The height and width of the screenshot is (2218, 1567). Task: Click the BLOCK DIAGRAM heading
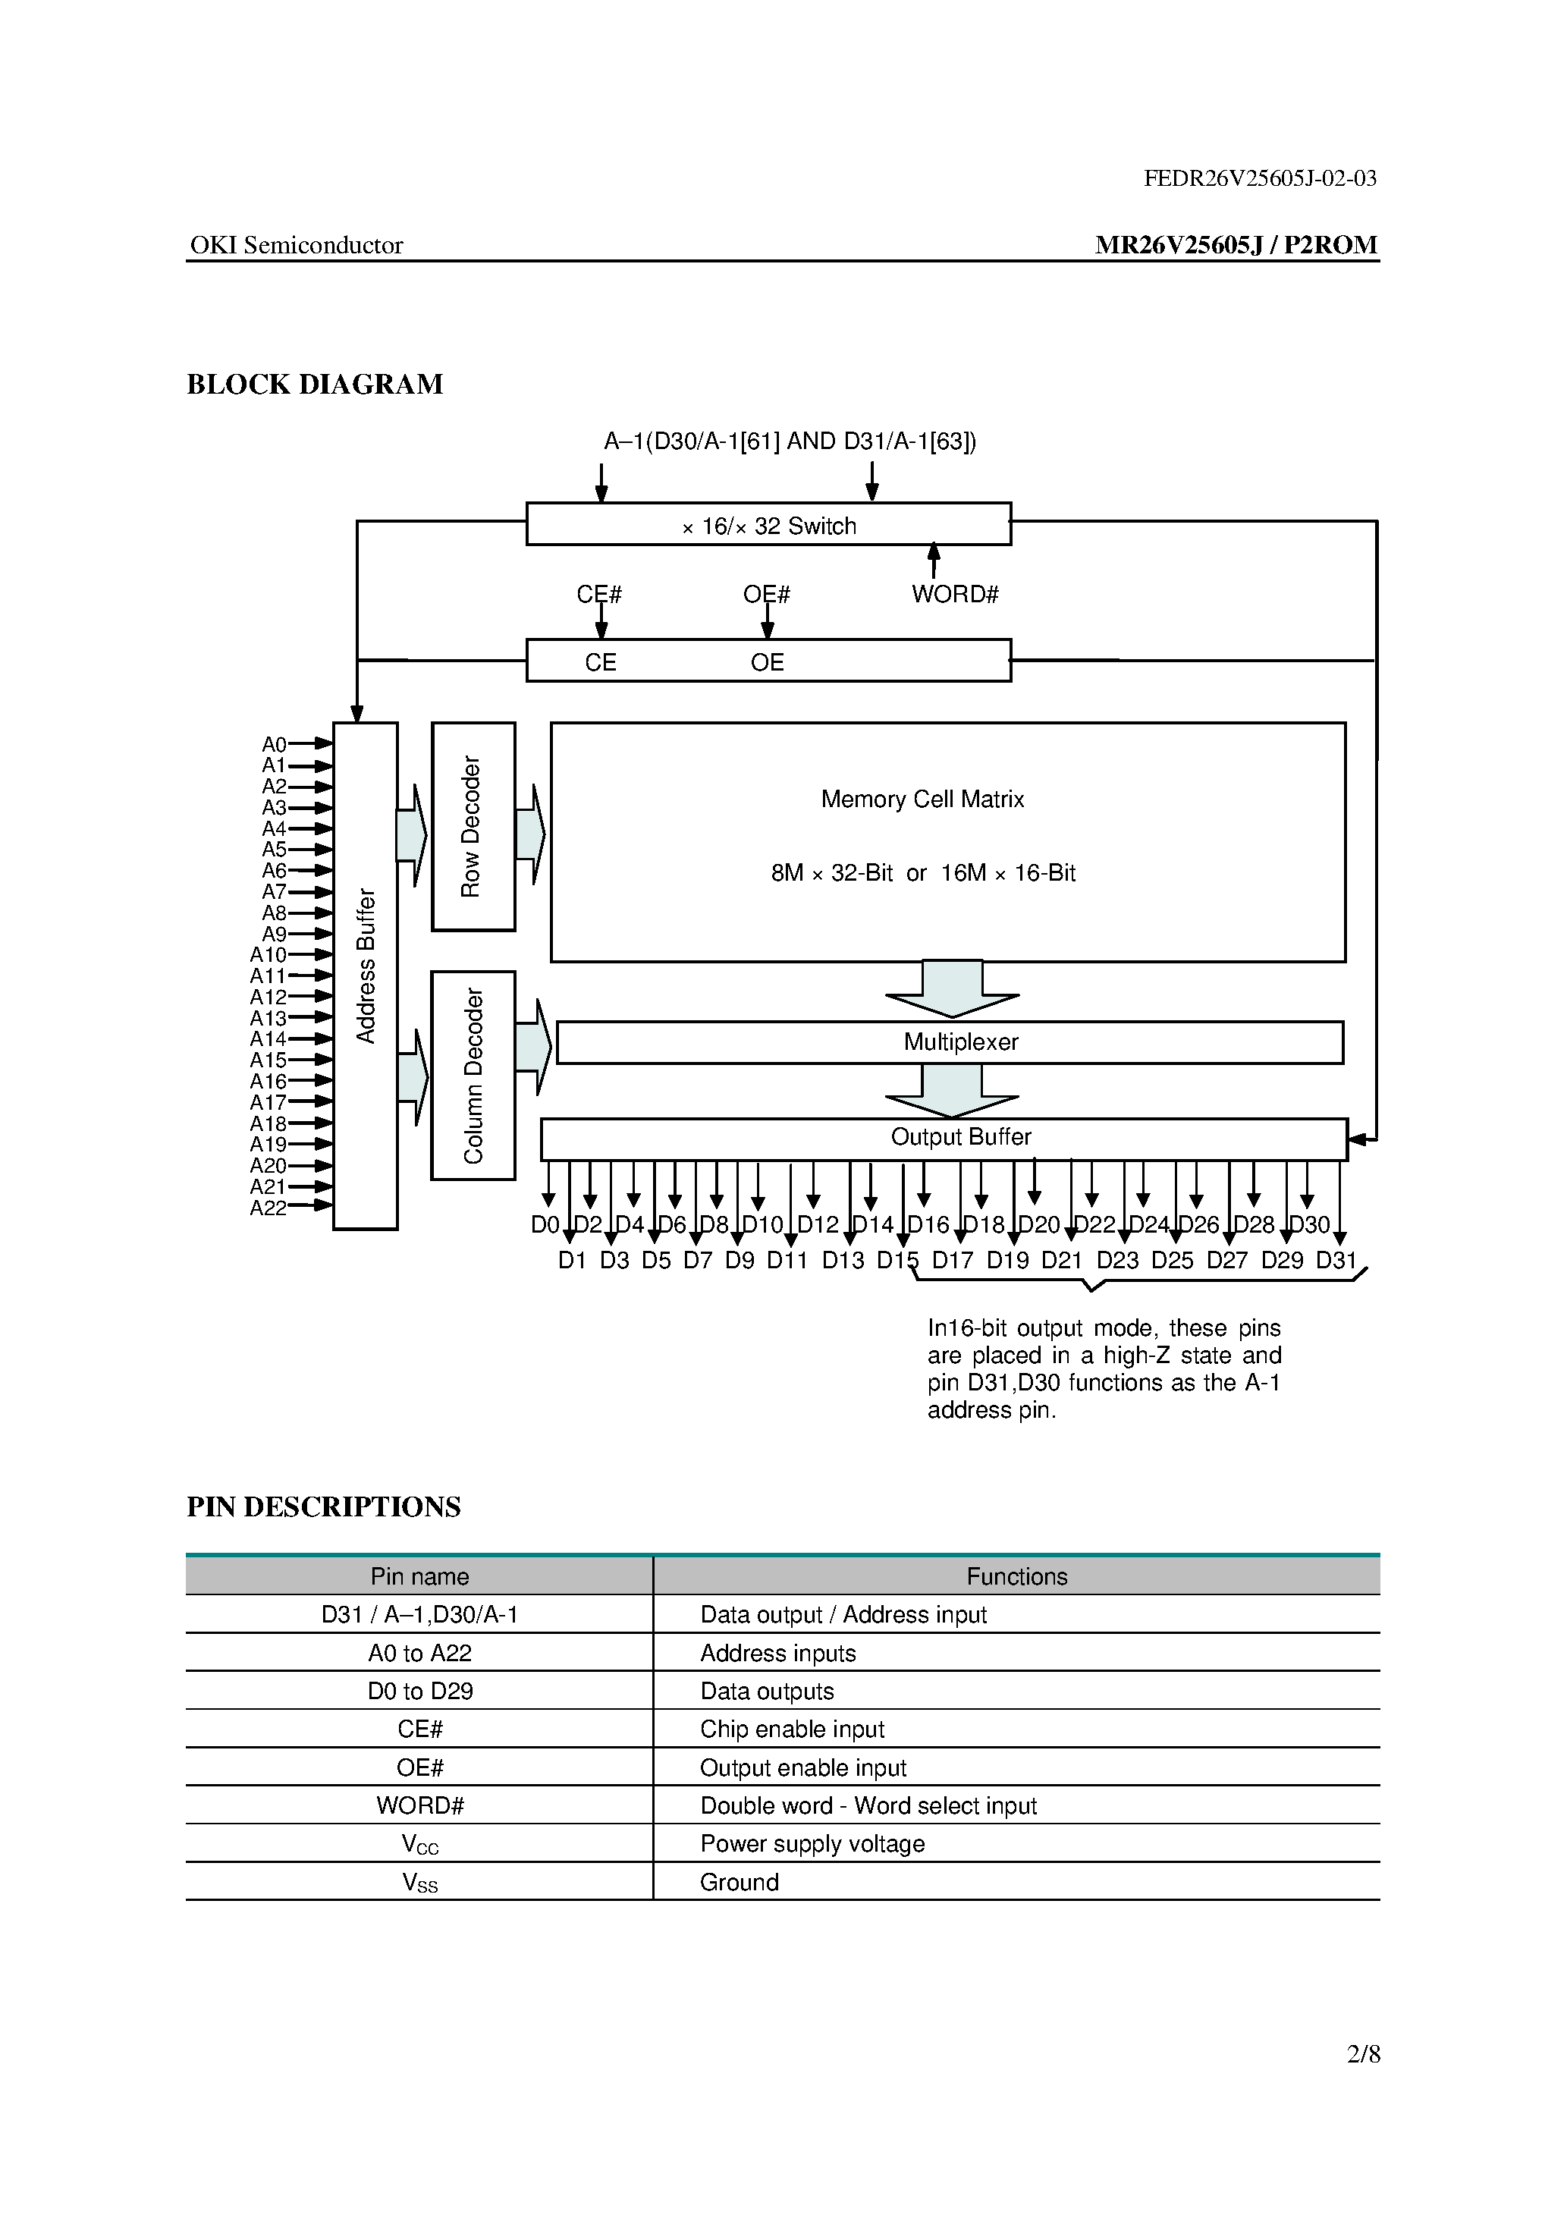[314, 385]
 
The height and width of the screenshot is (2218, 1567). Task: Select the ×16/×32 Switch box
[768, 525]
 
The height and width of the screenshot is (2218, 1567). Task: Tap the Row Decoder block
[473, 827]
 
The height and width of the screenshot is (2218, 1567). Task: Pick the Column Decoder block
[473, 1075]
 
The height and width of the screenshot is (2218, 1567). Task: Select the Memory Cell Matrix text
[922, 800]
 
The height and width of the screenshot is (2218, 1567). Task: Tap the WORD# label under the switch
[954, 595]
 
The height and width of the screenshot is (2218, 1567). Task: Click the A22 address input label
[268, 1208]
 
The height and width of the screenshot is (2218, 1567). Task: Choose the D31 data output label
[1336, 1261]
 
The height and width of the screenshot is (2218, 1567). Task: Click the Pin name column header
[419, 1576]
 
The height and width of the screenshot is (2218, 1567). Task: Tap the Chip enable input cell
[792, 1729]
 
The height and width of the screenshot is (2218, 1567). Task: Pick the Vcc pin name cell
[419, 1844]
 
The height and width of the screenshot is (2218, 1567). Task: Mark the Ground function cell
[739, 1883]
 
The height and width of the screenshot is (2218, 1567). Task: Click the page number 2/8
[1363, 2054]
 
